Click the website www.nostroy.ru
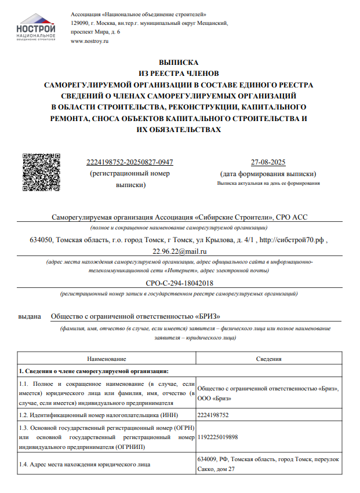click(89, 42)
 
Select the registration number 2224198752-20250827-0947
click(129, 162)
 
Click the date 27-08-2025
click(267, 162)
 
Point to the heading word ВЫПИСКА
click(178, 62)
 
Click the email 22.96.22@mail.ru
click(180, 251)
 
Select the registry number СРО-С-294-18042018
click(180, 283)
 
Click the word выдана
click(30, 317)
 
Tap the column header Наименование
click(107, 359)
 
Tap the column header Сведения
click(269, 359)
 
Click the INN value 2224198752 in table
click(213, 415)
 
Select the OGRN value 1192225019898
click(218, 437)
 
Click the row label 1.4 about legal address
click(85, 464)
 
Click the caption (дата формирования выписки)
click(268, 174)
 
